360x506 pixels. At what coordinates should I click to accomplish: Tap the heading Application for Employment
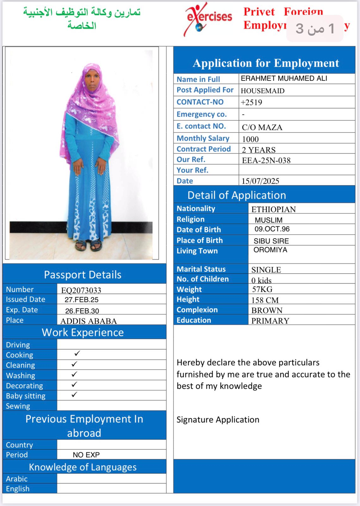266,63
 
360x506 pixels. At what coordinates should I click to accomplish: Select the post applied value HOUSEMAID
263,91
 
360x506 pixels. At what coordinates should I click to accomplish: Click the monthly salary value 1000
250,139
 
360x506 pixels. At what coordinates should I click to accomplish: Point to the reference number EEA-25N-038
266,160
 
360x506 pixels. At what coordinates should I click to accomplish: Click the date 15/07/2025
260,181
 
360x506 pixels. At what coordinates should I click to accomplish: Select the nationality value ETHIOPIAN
273,209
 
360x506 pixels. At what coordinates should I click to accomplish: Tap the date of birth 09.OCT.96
272,229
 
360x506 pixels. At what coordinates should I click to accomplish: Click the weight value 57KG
262,289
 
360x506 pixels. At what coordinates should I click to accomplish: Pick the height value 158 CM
265,300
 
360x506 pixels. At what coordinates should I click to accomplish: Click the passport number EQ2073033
81,290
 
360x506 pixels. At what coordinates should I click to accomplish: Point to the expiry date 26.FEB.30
82,311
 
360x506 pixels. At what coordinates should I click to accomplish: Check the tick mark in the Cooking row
77,354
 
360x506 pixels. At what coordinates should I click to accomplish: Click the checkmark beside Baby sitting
74,395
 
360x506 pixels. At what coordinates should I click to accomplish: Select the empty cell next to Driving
111,344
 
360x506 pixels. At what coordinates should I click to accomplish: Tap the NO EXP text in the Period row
86,455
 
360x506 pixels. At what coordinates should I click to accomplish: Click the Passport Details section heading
83,275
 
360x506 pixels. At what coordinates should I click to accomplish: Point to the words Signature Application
218,420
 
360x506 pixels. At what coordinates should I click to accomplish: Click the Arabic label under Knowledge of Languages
17,479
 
